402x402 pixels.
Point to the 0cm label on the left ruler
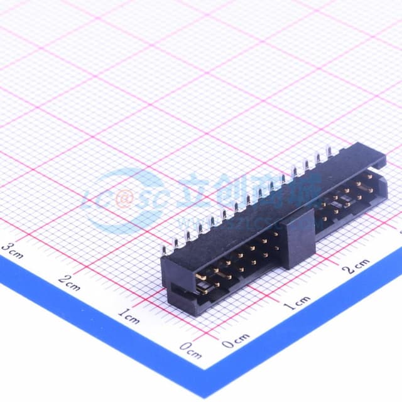coord(190,350)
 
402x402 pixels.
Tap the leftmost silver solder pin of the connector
coord(164,250)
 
